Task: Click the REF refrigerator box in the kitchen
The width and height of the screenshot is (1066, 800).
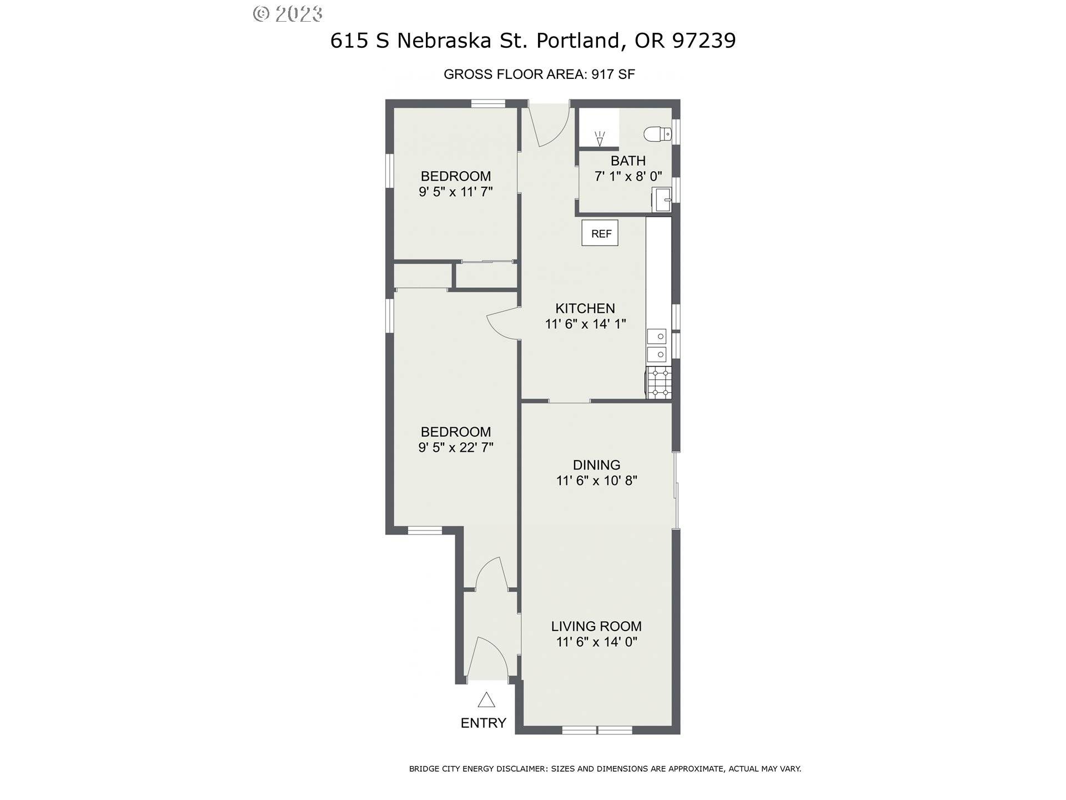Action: click(600, 233)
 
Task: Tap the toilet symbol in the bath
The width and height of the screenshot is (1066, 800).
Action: click(658, 134)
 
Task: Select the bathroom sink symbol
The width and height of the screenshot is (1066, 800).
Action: click(662, 199)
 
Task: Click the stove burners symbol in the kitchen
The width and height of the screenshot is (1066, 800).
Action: click(660, 383)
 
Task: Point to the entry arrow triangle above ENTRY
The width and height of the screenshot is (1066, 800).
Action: click(486, 699)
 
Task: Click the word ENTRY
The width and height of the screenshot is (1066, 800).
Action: click(484, 723)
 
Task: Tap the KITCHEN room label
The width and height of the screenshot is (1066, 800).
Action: click(585, 308)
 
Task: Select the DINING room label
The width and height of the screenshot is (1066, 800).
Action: click(597, 465)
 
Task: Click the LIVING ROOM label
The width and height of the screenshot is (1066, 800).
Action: click(596, 626)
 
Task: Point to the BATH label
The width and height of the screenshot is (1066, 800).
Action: click(628, 161)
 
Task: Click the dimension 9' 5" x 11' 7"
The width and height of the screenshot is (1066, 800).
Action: click(456, 192)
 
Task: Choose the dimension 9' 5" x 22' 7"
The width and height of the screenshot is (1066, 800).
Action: click(456, 447)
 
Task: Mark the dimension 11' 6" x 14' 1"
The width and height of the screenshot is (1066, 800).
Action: click(586, 324)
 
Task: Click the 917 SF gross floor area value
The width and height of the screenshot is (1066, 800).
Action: click(613, 74)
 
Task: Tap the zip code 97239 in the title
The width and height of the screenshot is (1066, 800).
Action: click(704, 40)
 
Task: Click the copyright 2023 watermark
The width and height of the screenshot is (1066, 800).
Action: click(288, 13)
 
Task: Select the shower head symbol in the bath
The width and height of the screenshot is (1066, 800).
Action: click(599, 139)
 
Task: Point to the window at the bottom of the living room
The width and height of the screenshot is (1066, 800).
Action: click(597, 730)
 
